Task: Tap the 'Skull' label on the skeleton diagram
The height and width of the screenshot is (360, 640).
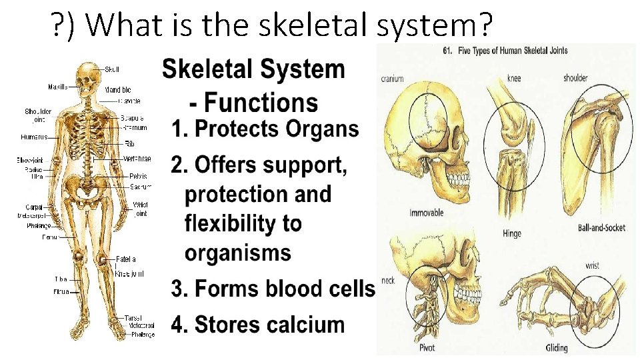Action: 113,69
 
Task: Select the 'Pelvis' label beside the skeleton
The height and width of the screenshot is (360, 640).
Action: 138,177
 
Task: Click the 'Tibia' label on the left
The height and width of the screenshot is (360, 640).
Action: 61,279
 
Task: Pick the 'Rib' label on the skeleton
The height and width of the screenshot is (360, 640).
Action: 130,143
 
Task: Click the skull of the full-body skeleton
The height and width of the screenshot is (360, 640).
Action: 87,75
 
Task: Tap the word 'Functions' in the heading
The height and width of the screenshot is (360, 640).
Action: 261,103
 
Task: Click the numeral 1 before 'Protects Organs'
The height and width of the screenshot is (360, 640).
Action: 177,129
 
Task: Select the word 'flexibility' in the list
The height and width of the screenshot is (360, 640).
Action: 243,223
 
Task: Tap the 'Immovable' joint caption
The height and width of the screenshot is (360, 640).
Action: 426,213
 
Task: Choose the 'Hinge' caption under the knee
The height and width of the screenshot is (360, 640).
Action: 512,233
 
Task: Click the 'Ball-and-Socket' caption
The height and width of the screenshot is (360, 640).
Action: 601,228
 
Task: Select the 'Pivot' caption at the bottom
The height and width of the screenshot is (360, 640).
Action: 427,347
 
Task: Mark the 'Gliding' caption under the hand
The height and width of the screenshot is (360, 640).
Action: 557,347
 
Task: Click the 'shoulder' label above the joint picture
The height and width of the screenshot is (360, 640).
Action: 575,78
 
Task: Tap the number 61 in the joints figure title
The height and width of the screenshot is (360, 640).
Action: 448,50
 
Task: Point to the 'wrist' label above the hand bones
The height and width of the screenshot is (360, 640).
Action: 592,265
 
